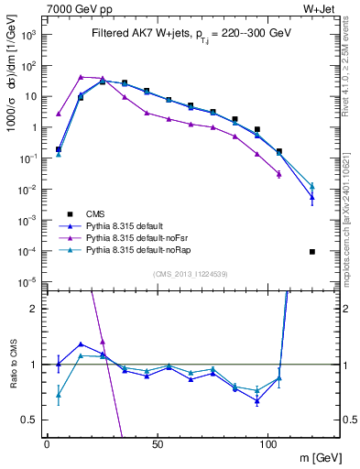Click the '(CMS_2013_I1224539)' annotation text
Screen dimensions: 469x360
pos(191,273)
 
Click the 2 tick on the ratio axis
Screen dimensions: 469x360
pos(36,309)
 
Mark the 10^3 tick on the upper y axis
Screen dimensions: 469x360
pos(28,35)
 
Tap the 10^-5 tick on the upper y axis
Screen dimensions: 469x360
pos(28,281)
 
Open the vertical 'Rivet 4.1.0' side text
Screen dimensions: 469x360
pos(350,64)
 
